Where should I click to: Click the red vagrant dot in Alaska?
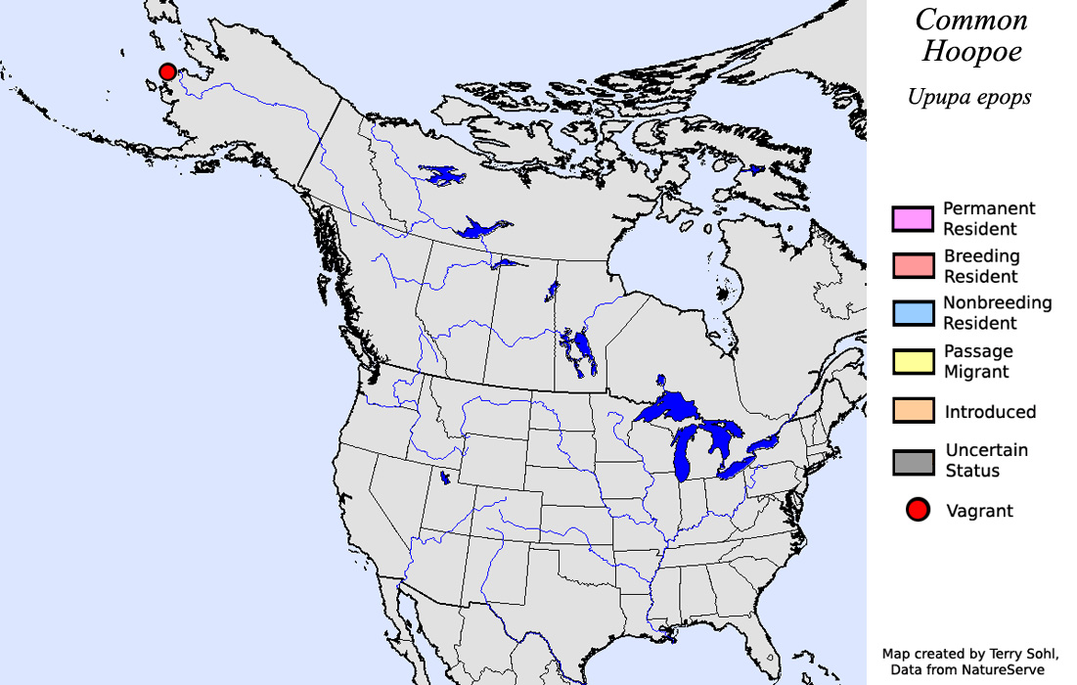click(x=167, y=71)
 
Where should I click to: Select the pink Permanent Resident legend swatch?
click(x=912, y=219)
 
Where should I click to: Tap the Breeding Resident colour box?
click(x=912, y=266)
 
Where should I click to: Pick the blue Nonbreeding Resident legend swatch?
click(x=912, y=313)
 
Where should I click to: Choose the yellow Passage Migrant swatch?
click(x=912, y=361)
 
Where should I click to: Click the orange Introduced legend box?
click(x=912, y=411)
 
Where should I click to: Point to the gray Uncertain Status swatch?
click(x=912, y=461)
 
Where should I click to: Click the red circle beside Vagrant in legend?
click(x=918, y=510)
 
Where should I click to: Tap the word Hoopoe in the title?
click(x=971, y=53)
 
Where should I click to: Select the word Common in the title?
click(x=971, y=21)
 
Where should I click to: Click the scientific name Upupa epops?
click(x=969, y=98)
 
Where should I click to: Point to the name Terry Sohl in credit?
click(x=1019, y=653)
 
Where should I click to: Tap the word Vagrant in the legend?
click(x=980, y=511)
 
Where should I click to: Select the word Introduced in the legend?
click(x=990, y=412)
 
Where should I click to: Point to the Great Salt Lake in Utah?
click(x=446, y=478)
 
